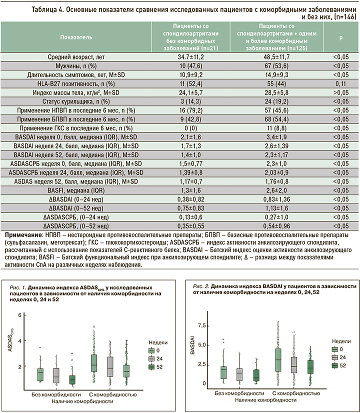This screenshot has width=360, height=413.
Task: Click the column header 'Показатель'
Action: [75, 37]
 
